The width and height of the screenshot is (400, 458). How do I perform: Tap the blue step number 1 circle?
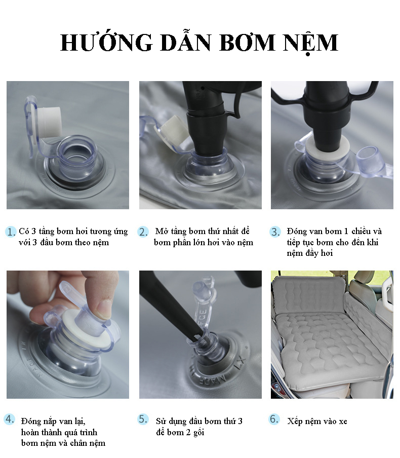(x=11, y=232)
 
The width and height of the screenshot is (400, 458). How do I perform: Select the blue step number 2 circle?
(x=143, y=232)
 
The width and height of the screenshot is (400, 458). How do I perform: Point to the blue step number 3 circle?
(x=275, y=232)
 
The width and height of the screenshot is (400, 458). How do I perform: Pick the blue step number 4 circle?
(x=9, y=419)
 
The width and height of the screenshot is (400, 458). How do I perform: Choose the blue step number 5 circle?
(x=143, y=419)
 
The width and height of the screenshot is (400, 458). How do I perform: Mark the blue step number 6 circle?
(x=274, y=419)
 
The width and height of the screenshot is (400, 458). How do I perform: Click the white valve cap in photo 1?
(x=50, y=123)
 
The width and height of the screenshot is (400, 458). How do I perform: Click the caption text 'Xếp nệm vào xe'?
(x=317, y=421)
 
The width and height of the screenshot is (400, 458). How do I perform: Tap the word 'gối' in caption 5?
(x=198, y=433)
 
